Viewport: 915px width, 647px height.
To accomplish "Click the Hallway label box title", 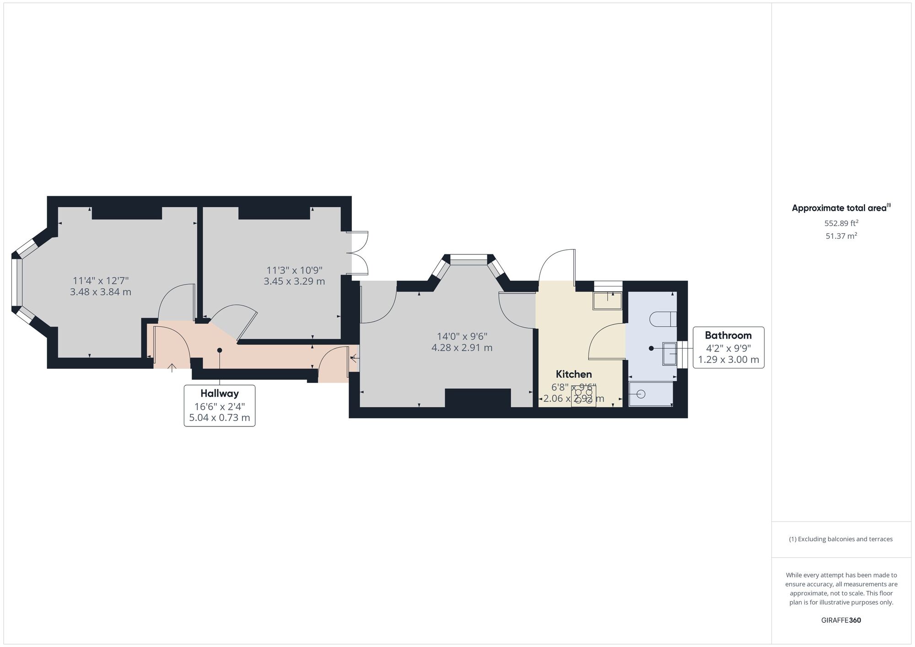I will (x=220, y=394).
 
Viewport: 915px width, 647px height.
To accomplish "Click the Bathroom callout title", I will (x=728, y=335).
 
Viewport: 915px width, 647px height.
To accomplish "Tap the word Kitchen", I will (x=574, y=374).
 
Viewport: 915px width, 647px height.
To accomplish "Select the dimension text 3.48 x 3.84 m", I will (x=101, y=292).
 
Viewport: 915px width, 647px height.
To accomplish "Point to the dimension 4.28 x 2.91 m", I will (x=462, y=348).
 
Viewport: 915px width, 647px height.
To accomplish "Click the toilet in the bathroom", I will (x=663, y=319).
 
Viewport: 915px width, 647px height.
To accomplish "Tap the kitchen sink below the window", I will (x=608, y=301).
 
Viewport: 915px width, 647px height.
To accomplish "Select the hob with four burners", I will (x=583, y=396).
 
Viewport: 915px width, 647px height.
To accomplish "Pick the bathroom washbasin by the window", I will (x=669, y=354).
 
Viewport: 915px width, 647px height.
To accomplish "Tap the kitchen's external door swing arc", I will (x=556, y=265).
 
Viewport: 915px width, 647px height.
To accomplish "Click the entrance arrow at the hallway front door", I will (x=172, y=367).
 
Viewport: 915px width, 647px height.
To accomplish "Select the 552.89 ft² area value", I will (x=841, y=223).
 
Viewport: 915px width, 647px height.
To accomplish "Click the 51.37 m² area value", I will (x=841, y=236).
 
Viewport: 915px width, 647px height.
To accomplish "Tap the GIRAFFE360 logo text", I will (x=841, y=620).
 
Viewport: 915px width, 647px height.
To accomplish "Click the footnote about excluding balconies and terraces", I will (x=841, y=539).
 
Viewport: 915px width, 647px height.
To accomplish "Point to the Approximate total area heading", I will (x=840, y=208).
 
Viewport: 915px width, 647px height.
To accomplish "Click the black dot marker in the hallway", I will (x=220, y=350).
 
